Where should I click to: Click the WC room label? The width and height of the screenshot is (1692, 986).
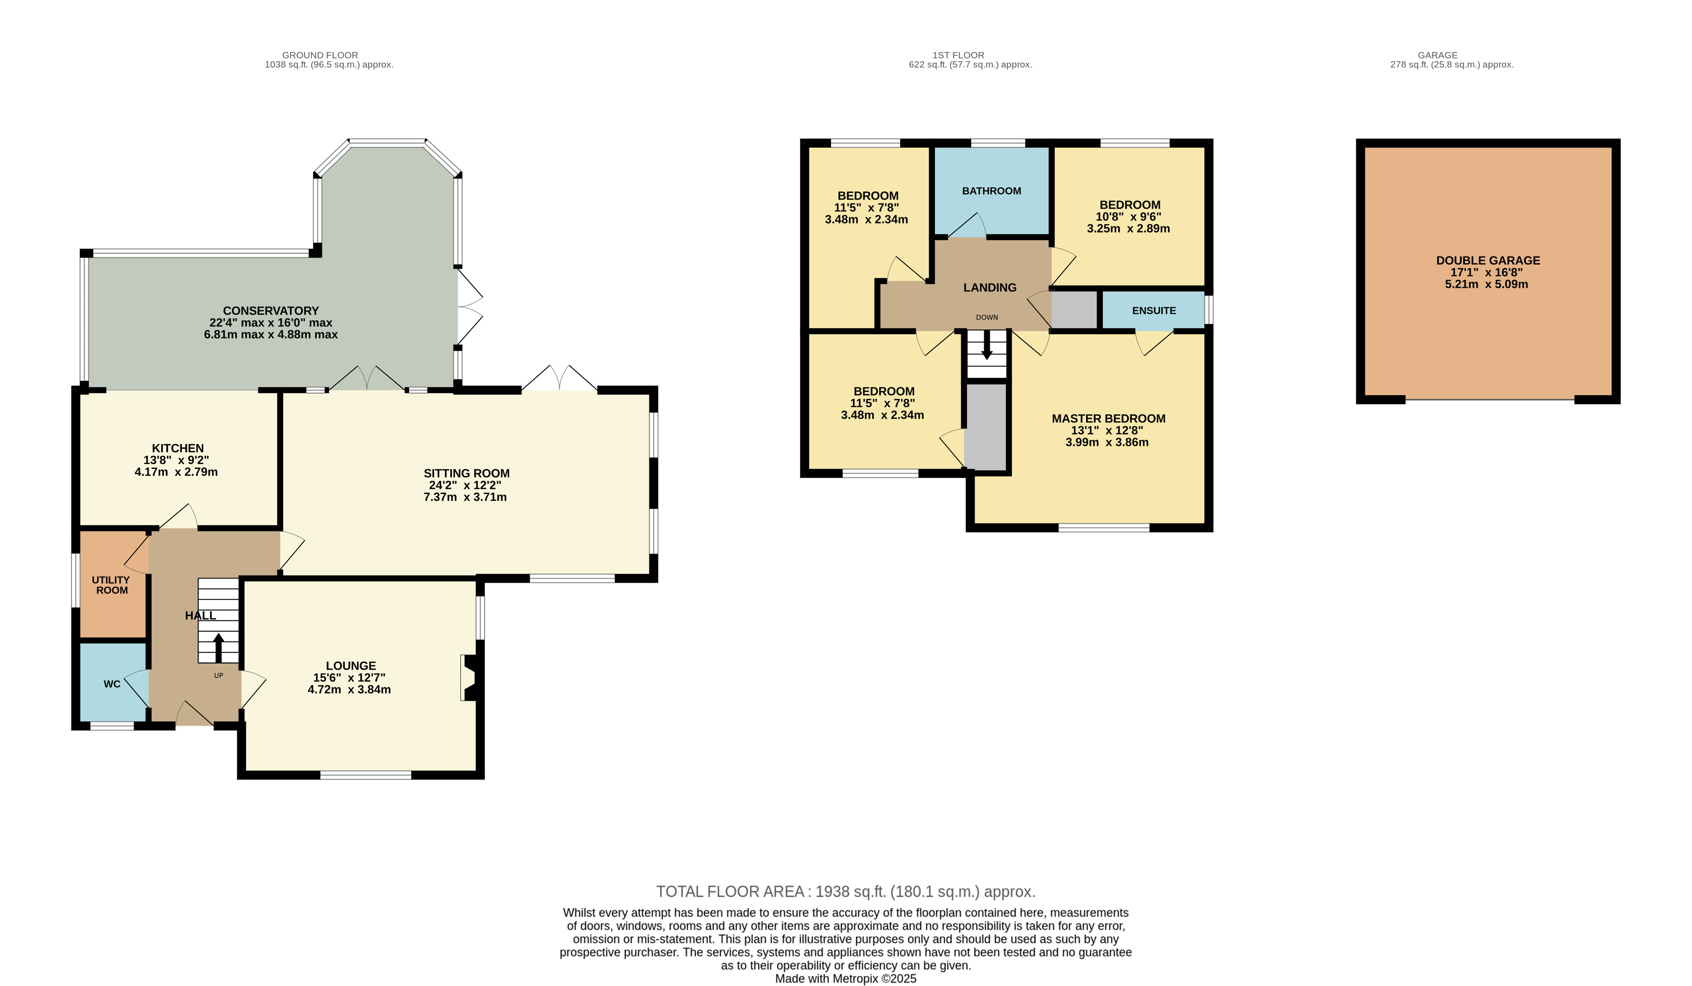[112, 684]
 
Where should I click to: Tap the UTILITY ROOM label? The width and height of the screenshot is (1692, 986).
[111, 585]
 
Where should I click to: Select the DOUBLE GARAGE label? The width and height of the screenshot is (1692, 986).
[1488, 260]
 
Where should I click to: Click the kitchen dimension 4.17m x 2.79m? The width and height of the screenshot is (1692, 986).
[176, 472]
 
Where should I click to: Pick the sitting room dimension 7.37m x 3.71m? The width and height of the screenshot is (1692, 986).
[465, 498]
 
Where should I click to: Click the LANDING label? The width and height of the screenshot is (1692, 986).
[990, 288]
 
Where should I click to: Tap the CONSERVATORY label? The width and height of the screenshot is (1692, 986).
[271, 311]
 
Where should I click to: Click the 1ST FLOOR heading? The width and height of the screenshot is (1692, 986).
[958, 55]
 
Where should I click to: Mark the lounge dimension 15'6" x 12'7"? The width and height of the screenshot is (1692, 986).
[349, 678]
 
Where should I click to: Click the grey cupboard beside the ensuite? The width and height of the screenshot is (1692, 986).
[1073, 310]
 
